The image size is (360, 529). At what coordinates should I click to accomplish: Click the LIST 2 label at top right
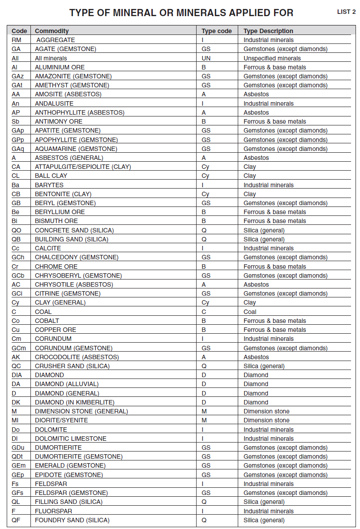346,12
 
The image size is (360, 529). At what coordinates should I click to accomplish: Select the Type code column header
217,31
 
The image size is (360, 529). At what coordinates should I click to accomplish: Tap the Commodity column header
52,31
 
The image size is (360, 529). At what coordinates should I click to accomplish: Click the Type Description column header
268,31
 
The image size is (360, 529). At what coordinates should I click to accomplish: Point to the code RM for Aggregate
17,40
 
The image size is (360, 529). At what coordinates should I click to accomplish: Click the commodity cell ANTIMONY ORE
59,121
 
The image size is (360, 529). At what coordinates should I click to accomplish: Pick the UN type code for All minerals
206,58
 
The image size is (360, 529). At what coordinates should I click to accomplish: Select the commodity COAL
43,312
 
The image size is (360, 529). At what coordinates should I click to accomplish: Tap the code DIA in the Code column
17,375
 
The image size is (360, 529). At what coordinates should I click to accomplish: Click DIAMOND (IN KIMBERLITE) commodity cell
75,402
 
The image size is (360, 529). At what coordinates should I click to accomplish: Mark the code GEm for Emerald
18,465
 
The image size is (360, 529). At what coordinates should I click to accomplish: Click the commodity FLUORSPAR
53,511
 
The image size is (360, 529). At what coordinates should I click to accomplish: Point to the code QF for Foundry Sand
16,520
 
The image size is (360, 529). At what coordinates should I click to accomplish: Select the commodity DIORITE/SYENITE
61,420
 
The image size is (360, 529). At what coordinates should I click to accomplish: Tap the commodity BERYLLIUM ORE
60,212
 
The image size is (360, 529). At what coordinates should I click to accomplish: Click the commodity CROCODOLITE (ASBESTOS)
77,357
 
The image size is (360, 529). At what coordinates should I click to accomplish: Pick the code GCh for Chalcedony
18,257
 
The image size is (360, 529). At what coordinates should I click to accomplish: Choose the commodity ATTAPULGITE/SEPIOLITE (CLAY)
83,167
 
